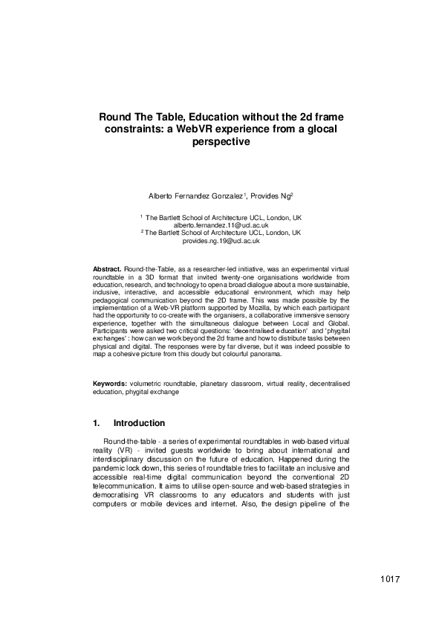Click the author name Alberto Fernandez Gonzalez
[196, 196]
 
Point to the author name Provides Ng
[271, 196]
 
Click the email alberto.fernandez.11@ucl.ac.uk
[221, 225]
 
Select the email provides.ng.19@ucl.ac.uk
[221, 241]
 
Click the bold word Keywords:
[110, 384]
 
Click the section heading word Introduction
[144, 424]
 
